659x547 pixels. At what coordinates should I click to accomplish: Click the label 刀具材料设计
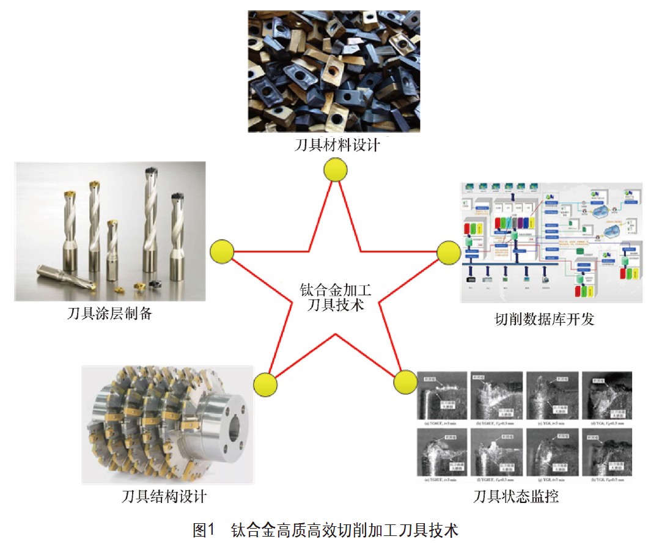[x=337, y=146]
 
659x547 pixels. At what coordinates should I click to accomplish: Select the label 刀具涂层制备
[x=109, y=315]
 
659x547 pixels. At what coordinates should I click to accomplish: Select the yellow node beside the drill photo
[x=221, y=251]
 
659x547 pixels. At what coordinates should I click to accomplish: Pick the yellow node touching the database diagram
[x=448, y=251]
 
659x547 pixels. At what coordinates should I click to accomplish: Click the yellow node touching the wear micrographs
[x=405, y=382]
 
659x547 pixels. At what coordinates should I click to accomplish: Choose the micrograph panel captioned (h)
[x=606, y=453]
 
